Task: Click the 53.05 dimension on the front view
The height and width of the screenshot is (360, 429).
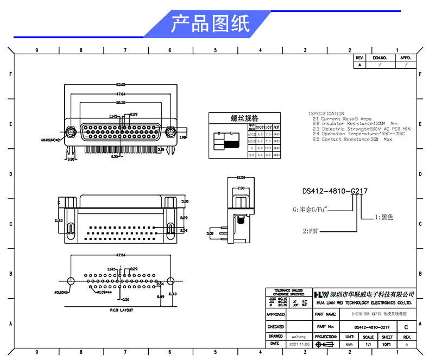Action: (x=120, y=85)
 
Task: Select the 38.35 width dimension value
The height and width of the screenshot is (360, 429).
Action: (x=120, y=102)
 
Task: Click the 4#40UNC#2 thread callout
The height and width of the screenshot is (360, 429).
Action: (x=53, y=140)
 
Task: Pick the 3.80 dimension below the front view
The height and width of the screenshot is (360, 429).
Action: (x=71, y=160)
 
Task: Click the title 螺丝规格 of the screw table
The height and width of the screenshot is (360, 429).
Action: (x=244, y=118)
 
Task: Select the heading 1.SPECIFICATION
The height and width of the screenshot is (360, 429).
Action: (x=326, y=113)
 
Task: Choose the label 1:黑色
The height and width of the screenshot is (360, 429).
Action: (x=383, y=217)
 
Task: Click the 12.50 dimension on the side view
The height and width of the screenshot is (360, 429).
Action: (x=242, y=177)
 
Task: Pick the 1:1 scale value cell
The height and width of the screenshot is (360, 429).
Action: (x=368, y=344)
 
